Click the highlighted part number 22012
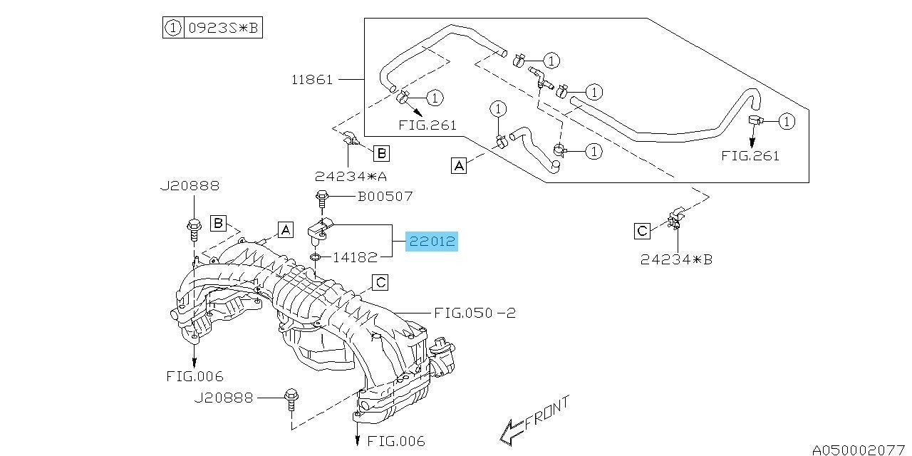[x=432, y=242]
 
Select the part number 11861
[x=312, y=79]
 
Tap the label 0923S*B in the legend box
[x=223, y=28]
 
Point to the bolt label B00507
[x=385, y=197]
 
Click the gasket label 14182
[x=356, y=257]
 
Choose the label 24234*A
[x=351, y=176]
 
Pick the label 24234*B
[x=676, y=259]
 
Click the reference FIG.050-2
[x=475, y=313]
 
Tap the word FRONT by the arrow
[x=546, y=413]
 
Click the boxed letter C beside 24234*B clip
[x=642, y=231]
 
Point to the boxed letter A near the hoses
[x=459, y=166]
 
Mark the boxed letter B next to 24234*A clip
[x=381, y=153]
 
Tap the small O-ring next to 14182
[x=315, y=257]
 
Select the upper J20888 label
[x=190, y=186]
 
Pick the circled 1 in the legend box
[x=173, y=28]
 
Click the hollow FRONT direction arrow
[x=512, y=432]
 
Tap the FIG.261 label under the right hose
[x=750, y=156]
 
